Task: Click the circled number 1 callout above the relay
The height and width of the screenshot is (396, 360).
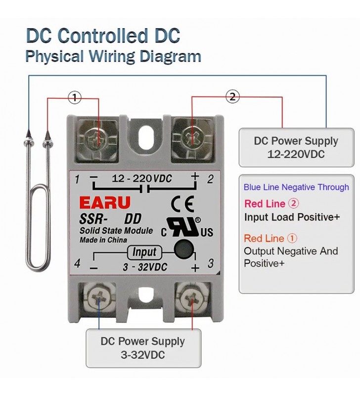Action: [75, 98]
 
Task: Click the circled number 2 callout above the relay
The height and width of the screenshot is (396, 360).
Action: [233, 97]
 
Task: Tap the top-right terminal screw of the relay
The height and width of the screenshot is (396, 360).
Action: [191, 137]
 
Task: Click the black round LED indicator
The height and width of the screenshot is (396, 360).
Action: [184, 247]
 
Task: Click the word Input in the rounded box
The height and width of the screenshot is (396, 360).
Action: [144, 252]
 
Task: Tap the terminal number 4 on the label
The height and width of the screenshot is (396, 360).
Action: [77, 263]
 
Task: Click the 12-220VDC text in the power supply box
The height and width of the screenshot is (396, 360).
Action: [296, 154]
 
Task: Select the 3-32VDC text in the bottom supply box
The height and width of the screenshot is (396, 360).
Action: [143, 355]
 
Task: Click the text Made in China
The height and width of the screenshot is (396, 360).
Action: [103, 240]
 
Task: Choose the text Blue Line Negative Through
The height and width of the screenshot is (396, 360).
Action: [296, 187]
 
